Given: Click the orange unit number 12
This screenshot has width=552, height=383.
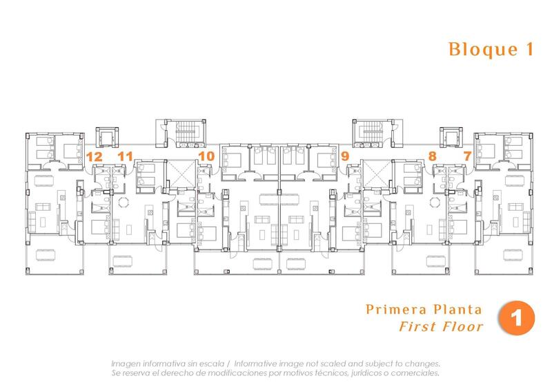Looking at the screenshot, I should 95,157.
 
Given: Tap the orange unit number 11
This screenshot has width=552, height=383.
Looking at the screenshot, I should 125,157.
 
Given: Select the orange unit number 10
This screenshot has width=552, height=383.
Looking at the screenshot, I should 206,157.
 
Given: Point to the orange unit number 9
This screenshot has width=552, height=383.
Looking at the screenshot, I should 345,157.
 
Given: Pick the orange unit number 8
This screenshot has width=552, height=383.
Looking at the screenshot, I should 433,157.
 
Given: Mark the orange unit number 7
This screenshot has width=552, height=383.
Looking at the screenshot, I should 468,157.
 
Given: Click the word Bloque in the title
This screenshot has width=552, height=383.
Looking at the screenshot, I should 475,50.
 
